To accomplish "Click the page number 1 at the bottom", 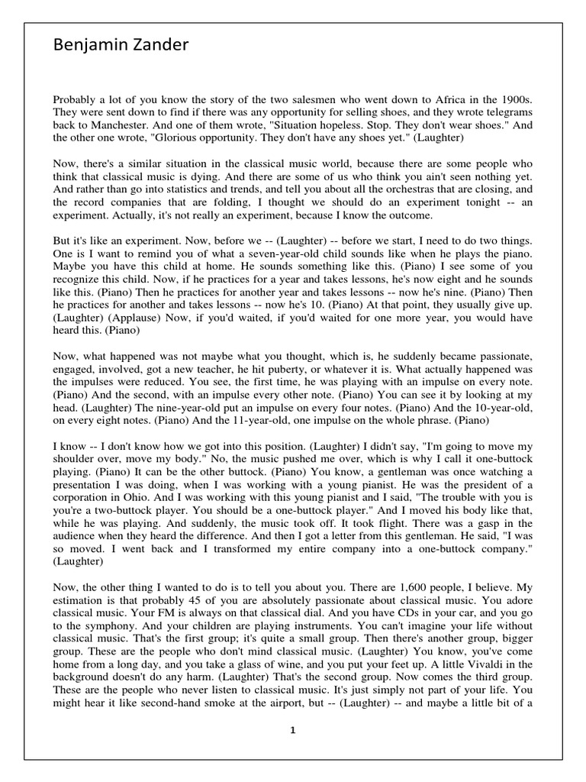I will point(292,729).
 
